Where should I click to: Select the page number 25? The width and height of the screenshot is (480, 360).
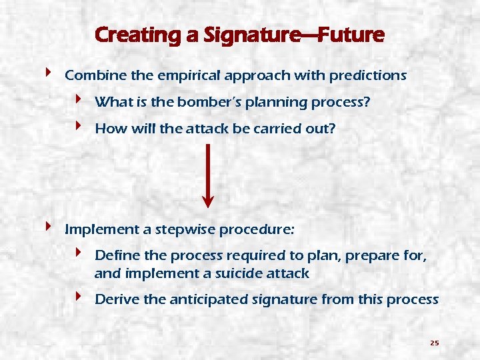[434, 343]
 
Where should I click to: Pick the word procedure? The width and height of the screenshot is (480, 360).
[257, 230]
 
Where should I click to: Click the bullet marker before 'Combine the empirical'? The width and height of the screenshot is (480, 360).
[49, 73]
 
